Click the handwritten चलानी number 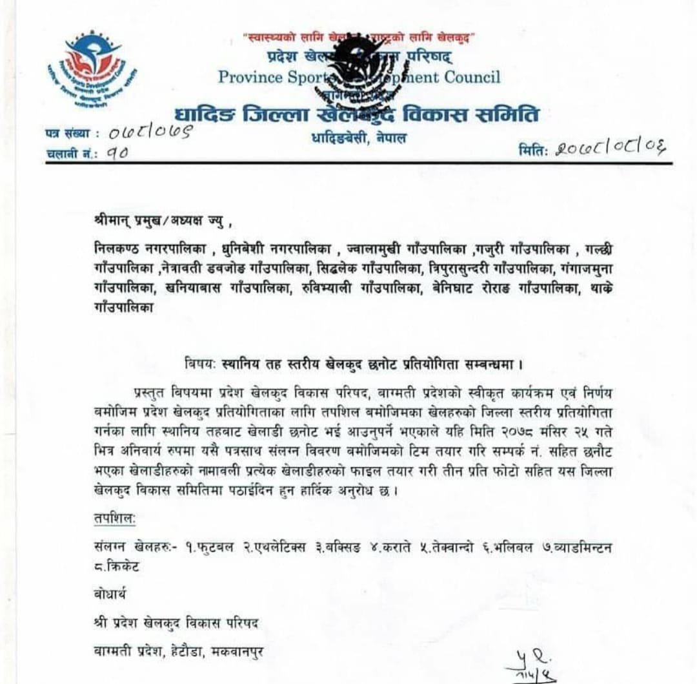pos(116,153)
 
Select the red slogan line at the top pos(359,38)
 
